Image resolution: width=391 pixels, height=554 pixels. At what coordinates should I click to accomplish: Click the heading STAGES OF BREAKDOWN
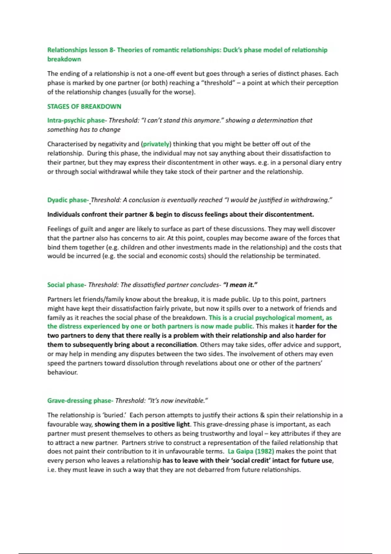(84, 107)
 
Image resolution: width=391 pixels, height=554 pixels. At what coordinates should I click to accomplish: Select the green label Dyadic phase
(67, 200)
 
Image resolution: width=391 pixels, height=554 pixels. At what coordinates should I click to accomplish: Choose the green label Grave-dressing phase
(80, 401)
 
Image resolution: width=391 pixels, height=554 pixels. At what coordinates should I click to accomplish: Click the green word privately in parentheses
(156, 144)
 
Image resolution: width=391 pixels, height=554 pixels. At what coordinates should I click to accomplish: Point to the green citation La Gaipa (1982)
(251, 451)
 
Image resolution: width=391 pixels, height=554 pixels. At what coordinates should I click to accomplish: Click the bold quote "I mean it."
(240, 285)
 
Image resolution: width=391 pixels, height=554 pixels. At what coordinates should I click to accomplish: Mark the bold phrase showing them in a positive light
(142, 424)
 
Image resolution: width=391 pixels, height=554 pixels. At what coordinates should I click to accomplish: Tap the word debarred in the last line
(212, 470)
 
